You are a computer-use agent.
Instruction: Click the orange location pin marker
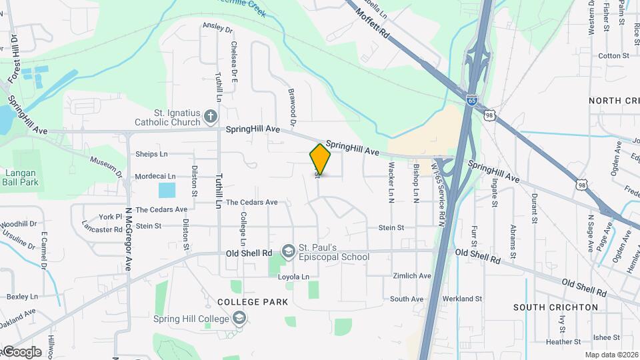point(321,159)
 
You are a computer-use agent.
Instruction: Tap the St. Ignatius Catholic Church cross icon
point(211,117)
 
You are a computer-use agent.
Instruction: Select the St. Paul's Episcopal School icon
point(289,251)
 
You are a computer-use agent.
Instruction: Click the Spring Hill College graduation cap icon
point(239,319)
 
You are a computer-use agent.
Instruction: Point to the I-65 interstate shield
point(471,101)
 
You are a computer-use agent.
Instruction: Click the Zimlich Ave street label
point(412,276)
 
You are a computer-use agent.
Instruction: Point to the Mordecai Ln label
point(155,177)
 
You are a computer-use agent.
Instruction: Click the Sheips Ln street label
point(151,154)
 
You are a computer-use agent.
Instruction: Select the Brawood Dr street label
point(291,107)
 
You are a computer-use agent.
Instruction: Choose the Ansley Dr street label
point(218,29)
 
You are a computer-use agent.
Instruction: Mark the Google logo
point(21,352)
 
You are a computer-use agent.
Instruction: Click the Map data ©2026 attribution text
point(611,355)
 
